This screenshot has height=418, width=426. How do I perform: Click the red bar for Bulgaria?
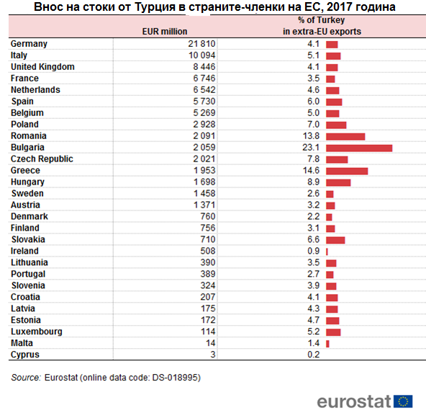359,148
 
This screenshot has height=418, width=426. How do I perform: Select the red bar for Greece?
347,172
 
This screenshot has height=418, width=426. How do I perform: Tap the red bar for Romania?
345,137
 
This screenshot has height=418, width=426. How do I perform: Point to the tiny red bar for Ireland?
327,252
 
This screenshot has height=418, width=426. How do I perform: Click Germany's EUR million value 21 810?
201,43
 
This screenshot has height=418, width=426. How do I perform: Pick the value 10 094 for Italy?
202,55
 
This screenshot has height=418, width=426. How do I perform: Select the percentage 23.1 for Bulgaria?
311,148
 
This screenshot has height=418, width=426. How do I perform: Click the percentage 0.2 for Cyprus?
313,355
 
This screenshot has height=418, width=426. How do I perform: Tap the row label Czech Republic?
42,159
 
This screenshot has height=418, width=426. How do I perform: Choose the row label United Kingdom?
42,67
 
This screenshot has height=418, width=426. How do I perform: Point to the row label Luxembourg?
37,332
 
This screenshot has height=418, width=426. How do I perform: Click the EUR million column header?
165,32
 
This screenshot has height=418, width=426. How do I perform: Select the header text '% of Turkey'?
321,20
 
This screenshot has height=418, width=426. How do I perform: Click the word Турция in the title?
155,6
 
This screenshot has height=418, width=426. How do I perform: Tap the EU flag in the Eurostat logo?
403,401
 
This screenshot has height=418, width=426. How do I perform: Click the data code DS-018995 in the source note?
175,378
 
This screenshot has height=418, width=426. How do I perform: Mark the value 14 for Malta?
211,343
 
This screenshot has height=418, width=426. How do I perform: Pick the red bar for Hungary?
338,182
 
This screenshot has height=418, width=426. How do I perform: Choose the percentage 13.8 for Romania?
311,135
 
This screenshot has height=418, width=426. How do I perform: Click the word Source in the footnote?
26,378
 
